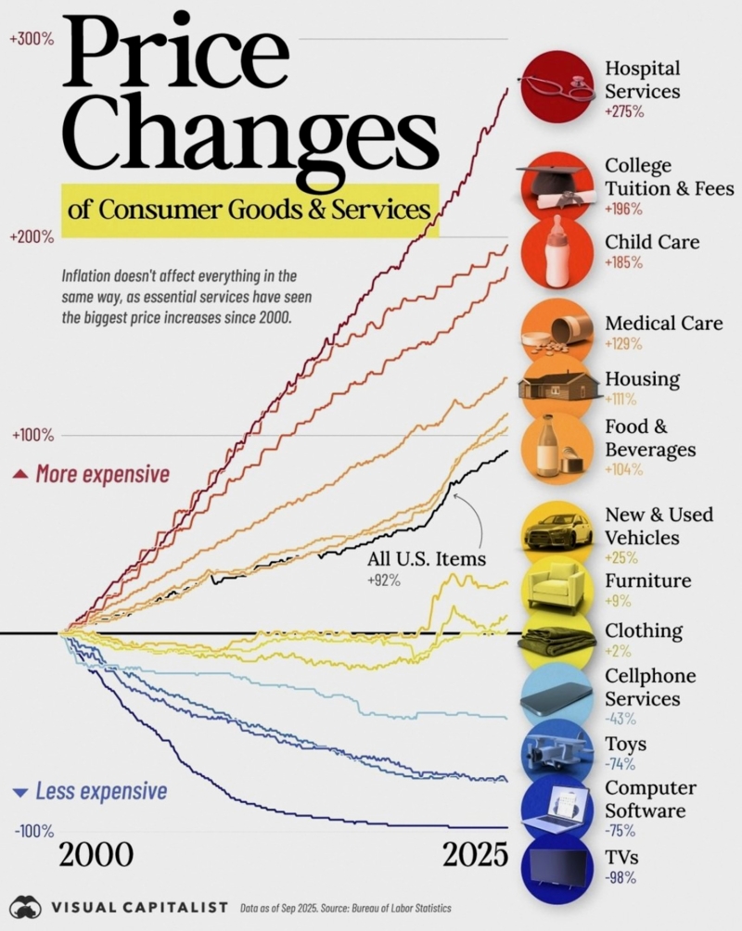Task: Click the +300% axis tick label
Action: (32, 40)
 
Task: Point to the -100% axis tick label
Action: (34, 832)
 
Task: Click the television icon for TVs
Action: (556, 868)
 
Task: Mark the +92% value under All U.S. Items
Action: (380, 580)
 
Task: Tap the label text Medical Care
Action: (663, 324)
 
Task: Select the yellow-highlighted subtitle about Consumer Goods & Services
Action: (249, 210)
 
